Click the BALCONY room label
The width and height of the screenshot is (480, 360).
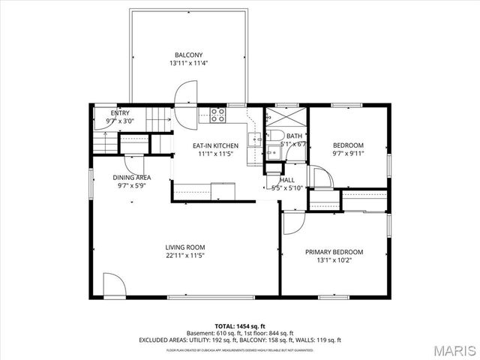click(x=188, y=55)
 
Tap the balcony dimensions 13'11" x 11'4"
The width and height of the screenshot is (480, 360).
click(x=188, y=64)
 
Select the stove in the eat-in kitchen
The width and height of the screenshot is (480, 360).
click(x=218, y=115)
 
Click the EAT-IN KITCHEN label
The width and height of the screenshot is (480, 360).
click(x=216, y=145)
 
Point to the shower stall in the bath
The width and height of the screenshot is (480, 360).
click(x=286, y=119)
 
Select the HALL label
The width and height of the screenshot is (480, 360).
click(x=287, y=180)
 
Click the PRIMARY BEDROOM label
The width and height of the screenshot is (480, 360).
click(x=334, y=252)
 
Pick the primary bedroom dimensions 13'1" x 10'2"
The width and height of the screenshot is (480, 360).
click(x=334, y=261)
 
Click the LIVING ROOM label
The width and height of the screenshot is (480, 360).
click(x=185, y=247)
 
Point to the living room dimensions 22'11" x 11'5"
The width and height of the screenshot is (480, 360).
click(x=185, y=256)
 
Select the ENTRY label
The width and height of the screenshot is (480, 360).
click(x=120, y=113)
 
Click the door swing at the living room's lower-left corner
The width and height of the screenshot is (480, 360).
click(x=113, y=285)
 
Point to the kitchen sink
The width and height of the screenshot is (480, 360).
click(x=256, y=138)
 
